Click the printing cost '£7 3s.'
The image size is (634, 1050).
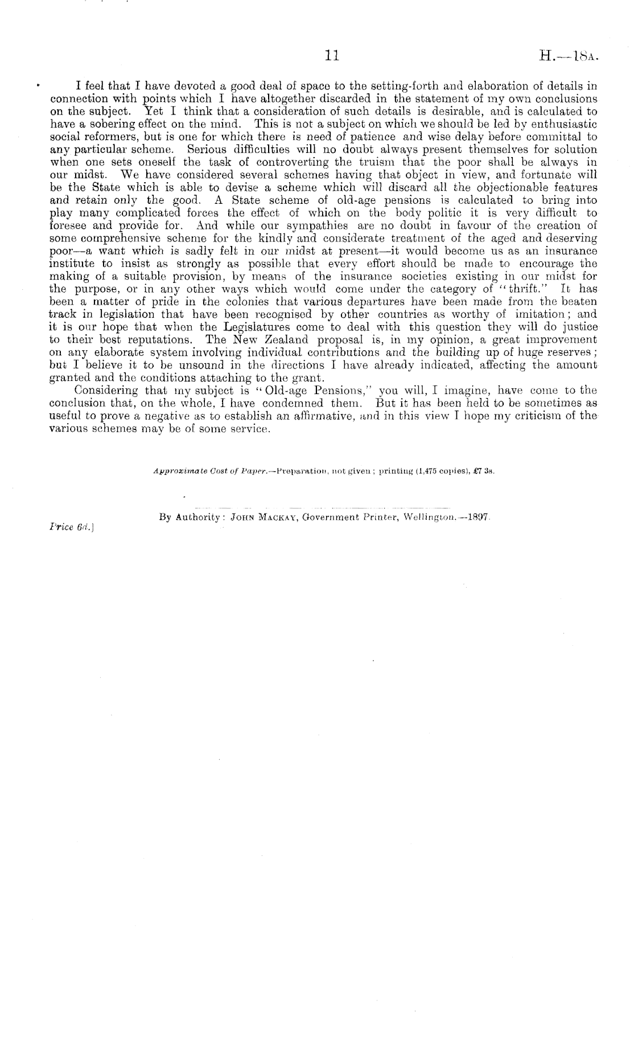pos(490,472)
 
